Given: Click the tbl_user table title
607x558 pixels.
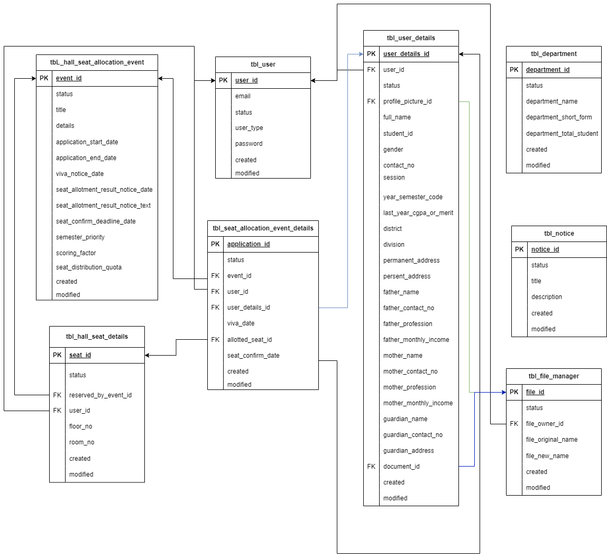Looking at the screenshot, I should tap(263, 64).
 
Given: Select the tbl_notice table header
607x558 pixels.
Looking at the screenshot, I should tap(559, 234).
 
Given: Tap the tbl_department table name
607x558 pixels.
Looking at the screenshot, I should tap(554, 54).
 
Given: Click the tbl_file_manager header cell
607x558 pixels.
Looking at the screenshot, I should tap(554, 376).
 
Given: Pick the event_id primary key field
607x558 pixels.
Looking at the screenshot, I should tap(69, 78).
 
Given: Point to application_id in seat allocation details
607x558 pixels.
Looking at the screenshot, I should tap(249, 244).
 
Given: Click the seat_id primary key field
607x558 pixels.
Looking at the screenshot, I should tap(80, 355).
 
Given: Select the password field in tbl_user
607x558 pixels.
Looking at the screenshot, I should tap(249, 144).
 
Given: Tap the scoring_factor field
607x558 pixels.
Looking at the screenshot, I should tap(76, 253).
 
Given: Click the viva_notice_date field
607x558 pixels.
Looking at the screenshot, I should tap(80, 174).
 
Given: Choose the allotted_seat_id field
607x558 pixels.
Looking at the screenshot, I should tap(250, 340).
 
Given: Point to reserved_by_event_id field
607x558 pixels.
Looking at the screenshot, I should tap(100, 395).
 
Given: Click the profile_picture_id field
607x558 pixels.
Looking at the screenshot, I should tap(407, 101).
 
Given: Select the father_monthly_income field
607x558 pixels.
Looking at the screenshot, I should tap(416, 340).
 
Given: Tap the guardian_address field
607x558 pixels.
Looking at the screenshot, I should tap(409, 451).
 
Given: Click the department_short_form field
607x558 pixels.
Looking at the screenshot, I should tap(559, 117).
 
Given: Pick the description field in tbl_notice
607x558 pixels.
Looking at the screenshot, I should tap(547, 297).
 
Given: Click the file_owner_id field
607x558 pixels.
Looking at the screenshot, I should tap(545, 424).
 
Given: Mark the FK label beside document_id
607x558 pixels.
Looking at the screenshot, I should tap(371, 467).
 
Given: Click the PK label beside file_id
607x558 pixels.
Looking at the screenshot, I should tap(514, 392).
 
